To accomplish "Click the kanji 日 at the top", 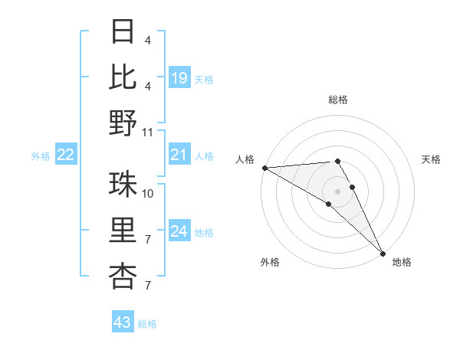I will click(x=123, y=31).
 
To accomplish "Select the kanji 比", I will click(x=123, y=77).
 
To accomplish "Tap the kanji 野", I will click(x=123, y=123).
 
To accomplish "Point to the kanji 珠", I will click(x=123, y=185).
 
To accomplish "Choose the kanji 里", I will click(x=123, y=231).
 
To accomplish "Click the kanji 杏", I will click(x=123, y=277).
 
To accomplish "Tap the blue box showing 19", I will click(x=179, y=77).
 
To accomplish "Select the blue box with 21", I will click(x=179, y=155).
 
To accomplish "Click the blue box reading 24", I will click(x=179, y=231).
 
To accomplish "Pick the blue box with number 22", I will click(x=66, y=155).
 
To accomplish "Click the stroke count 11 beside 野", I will click(x=148, y=132).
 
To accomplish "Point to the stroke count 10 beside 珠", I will click(x=148, y=193).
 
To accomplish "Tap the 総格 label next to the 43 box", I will click(x=147, y=324).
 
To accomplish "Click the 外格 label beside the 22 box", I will click(x=41, y=156).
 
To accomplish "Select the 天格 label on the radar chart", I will click(x=432, y=159).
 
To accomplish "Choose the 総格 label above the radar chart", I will click(x=338, y=100).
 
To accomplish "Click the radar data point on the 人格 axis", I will click(x=264, y=168).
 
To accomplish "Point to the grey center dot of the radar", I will click(x=338, y=190).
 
